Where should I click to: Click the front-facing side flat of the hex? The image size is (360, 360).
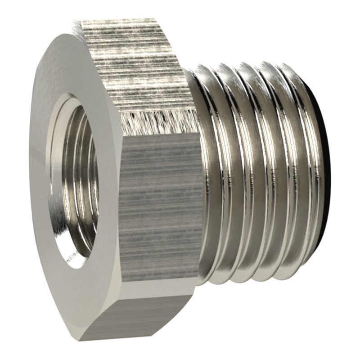pyautogui.click(x=160, y=207)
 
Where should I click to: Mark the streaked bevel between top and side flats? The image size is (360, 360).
pyautogui.click(x=157, y=121)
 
